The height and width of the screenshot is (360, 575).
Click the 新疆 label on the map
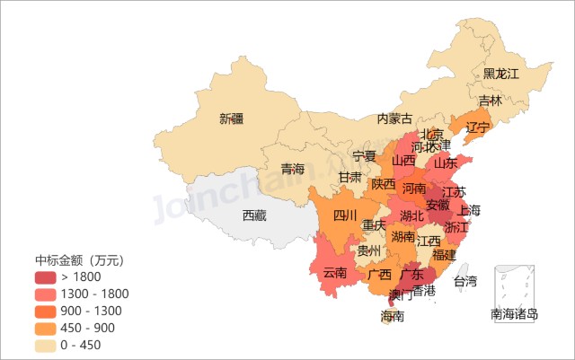(231, 119)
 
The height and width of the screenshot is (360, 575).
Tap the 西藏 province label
(254, 215)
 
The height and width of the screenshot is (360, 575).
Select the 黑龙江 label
(501, 74)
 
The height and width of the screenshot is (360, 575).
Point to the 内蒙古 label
(394, 119)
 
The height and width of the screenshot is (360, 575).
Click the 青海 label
(293, 169)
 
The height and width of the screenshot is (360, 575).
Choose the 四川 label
(345, 215)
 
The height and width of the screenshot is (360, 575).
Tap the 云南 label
(335, 273)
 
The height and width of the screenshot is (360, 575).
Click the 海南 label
(393, 316)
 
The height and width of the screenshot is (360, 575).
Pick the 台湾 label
(465, 282)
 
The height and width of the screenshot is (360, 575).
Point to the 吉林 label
(491, 101)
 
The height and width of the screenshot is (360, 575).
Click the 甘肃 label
(350, 178)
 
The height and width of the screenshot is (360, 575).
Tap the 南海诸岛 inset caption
(514, 314)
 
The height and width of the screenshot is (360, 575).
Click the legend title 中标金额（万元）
(79, 260)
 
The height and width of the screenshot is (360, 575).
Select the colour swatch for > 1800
(46, 277)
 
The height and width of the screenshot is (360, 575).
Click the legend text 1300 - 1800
(95, 294)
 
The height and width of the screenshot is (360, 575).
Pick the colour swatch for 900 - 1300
(46, 311)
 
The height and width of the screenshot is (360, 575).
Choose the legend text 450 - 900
(88, 328)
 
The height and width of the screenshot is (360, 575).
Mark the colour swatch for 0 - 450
(46, 345)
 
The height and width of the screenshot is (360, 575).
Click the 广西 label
(380, 274)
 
